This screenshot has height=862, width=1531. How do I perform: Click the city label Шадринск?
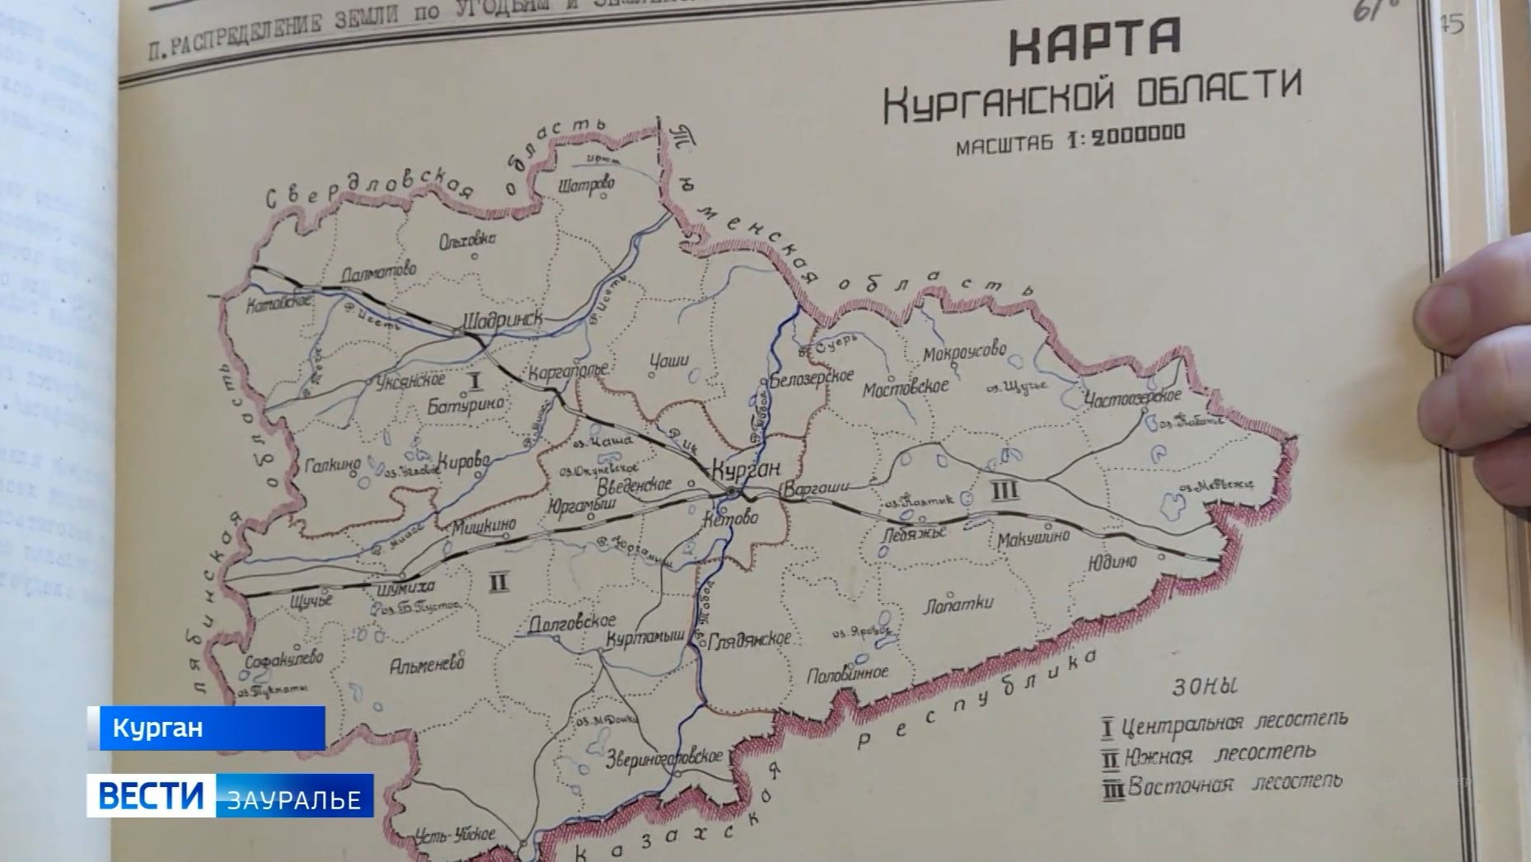502,320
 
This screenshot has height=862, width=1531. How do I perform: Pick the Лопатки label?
958,604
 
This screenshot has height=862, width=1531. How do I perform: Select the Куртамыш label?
645,637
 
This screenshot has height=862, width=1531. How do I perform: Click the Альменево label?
427,663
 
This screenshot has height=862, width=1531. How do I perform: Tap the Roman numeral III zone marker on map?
1003,491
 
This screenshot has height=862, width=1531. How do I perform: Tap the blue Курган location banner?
207,728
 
